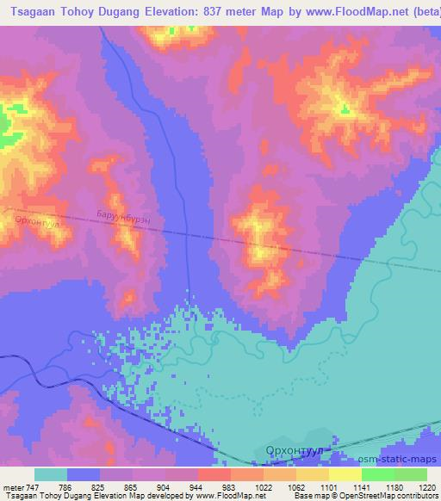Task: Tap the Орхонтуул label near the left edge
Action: (x=36, y=221)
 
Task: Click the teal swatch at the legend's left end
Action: (x=51, y=474)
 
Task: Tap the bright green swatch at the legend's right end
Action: (x=410, y=474)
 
